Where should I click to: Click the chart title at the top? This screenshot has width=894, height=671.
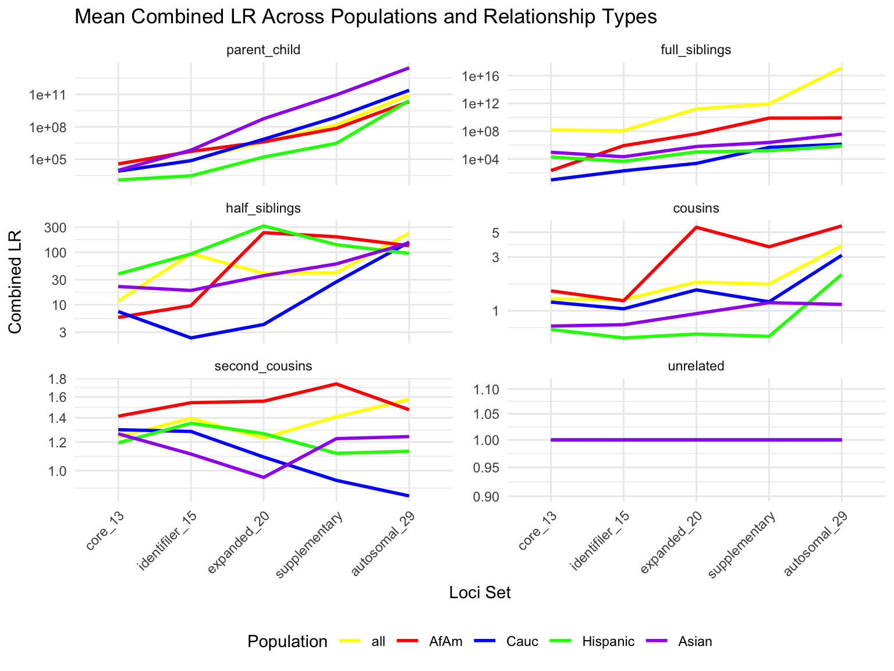click(x=366, y=17)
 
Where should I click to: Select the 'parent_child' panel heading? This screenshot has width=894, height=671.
click(x=263, y=50)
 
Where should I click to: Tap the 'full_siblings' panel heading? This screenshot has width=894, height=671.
click(x=696, y=50)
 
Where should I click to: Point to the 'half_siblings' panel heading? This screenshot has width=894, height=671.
click(x=263, y=208)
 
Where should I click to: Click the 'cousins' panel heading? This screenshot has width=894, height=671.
click(x=696, y=208)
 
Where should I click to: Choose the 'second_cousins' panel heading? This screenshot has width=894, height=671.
click(x=263, y=366)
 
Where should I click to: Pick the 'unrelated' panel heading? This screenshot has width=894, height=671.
click(x=696, y=366)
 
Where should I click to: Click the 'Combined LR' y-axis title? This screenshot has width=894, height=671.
click(x=16, y=282)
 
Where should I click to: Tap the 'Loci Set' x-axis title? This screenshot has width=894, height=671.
click(x=480, y=592)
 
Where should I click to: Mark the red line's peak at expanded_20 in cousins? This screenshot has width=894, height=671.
click(x=696, y=227)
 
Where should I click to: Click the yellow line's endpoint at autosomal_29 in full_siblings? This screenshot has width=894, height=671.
click(x=842, y=68)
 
